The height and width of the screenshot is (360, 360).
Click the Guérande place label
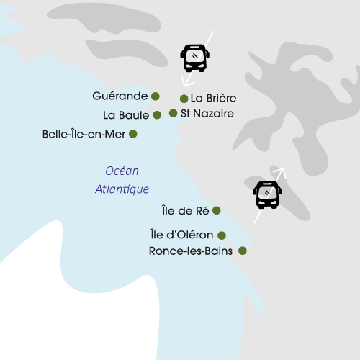pyautogui.click(x=120, y=96)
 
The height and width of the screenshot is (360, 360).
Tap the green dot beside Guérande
pyautogui.click(x=155, y=96)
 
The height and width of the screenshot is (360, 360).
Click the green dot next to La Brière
pyautogui.click(x=184, y=99)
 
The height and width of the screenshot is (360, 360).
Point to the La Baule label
pyautogui.click(x=126, y=114)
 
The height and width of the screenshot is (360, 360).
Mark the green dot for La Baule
pyautogui.click(x=157, y=114)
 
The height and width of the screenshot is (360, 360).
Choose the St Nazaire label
pyautogui.click(x=207, y=113)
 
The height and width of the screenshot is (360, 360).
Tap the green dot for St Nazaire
pyautogui.click(x=174, y=113)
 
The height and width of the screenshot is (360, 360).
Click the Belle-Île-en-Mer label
pyautogui.click(x=84, y=134)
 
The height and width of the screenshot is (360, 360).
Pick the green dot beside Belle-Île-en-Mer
pyautogui.click(x=132, y=133)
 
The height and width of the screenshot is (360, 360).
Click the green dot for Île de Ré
pyautogui.click(x=217, y=210)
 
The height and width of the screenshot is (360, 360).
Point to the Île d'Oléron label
pyautogui.click(x=181, y=235)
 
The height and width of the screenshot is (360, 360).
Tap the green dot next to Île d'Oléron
pyautogui.click(x=222, y=235)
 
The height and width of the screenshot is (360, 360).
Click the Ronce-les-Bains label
pyautogui.click(x=190, y=251)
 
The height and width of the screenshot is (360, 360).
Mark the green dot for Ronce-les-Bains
pyautogui.click(x=243, y=251)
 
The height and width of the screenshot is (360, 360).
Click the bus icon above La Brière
pyautogui.click(x=194, y=58)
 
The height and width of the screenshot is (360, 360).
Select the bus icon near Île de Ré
pyautogui.click(x=267, y=194)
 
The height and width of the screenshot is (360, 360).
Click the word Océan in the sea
pyautogui.click(x=122, y=171)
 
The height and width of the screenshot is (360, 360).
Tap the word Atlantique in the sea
pyautogui.click(x=122, y=189)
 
